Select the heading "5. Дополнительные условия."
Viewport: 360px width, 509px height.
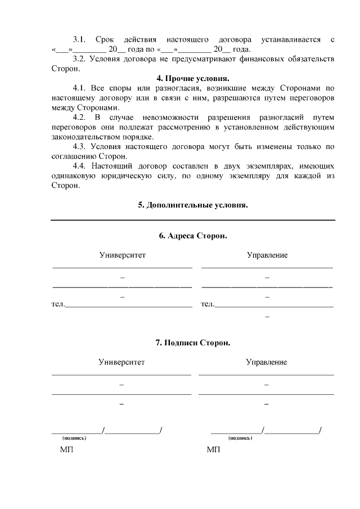(193, 205)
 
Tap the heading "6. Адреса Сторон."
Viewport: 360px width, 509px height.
(193, 236)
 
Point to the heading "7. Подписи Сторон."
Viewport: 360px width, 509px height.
(193, 343)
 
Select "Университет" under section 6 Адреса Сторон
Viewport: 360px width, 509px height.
(122, 255)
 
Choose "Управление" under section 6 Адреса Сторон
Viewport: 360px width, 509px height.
(267, 255)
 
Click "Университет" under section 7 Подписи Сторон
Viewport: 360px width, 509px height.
(121, 362)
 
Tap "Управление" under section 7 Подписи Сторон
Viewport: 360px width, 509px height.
(267, 362)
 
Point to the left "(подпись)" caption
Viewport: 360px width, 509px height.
(74, 437)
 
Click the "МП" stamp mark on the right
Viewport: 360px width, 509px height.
(213, 450)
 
